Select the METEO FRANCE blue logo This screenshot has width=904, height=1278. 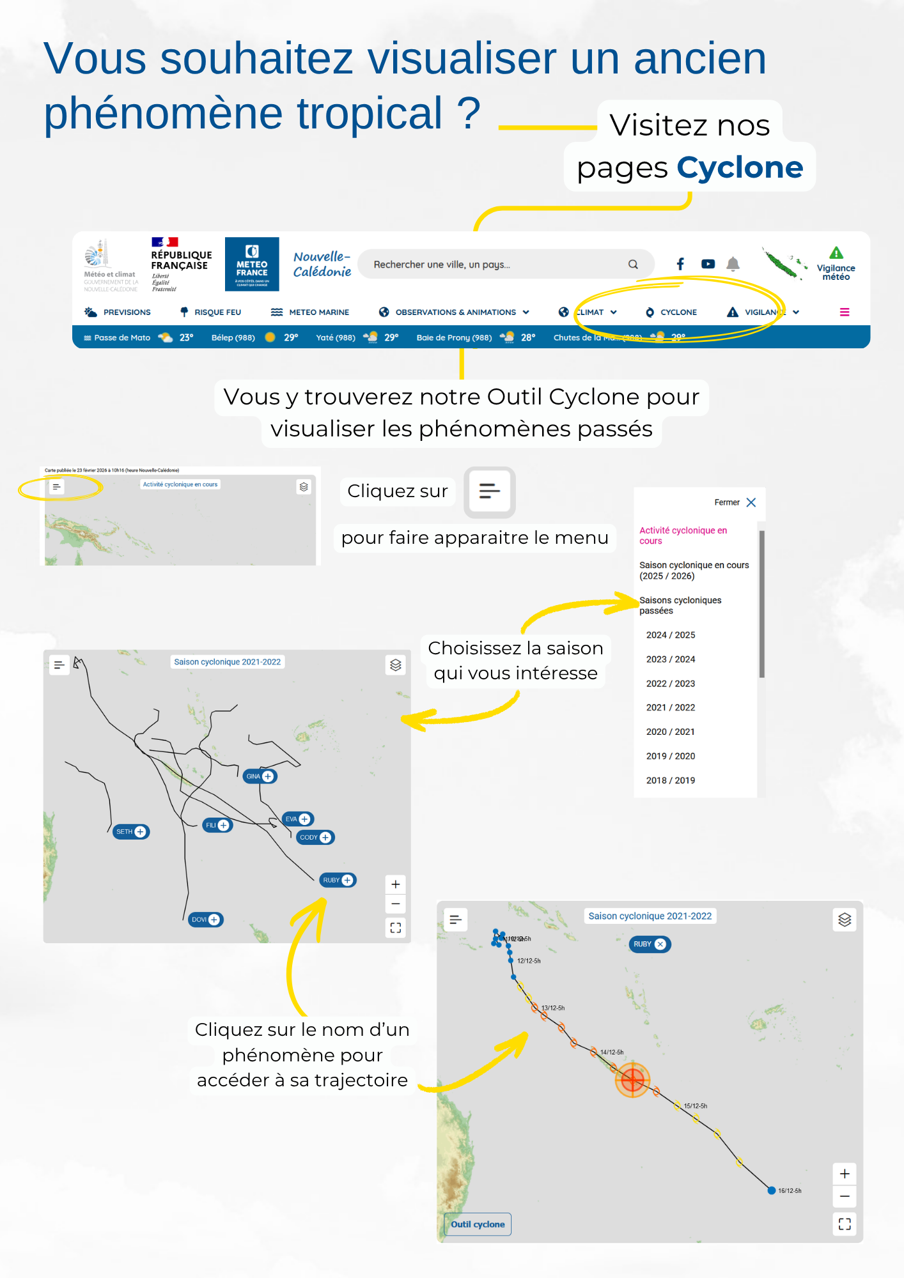coord(252,264)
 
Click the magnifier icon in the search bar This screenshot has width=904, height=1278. coord(633,265)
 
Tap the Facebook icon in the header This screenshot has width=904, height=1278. coord(680,264)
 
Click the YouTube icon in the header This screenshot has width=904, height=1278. coord(708,264)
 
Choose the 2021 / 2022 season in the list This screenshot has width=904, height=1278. coord(670,707)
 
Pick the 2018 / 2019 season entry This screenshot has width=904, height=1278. coord(670,780)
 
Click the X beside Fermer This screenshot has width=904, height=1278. coord(751,502)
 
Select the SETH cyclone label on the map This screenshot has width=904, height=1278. coord(130,831)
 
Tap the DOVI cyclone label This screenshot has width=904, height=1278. coord(205,920)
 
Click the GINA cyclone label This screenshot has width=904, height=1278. coord(260,776)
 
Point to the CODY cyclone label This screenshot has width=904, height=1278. coord(315,837)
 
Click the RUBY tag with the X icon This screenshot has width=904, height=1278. coord(650,944)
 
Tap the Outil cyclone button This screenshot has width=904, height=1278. coord(478,1224)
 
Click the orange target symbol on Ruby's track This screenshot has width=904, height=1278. coord(632,1080)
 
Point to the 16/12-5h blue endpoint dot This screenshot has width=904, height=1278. coord(772,1190)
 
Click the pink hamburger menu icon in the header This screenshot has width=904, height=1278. coord(845,312)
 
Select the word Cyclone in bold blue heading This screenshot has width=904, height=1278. coord(740,168)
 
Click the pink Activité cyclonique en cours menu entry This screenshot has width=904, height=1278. coord(683,535)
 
